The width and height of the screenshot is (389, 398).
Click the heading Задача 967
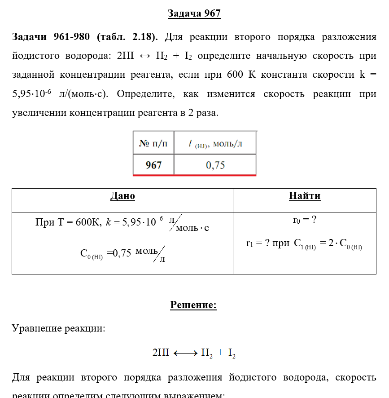(194, 13)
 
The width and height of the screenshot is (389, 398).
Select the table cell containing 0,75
(215, 165)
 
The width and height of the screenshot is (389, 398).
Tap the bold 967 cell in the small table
(153, 165)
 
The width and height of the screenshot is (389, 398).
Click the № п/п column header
(153, 144)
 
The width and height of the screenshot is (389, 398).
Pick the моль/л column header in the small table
(215, 144)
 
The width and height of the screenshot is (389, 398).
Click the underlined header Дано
(122, 196)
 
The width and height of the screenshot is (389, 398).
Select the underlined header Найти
(305, 196)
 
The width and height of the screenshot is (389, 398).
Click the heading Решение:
(193, 305)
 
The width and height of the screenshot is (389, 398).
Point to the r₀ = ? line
(305, 220)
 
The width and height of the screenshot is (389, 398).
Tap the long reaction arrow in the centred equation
(185, 353)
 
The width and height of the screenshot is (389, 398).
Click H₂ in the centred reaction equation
(206, 353)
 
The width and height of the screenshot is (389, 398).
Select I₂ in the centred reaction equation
(232, 353)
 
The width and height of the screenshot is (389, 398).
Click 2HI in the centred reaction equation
(161, 353)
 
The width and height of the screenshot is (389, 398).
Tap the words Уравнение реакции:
(59, 328)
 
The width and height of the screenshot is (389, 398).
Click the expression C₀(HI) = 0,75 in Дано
(106, 253)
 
